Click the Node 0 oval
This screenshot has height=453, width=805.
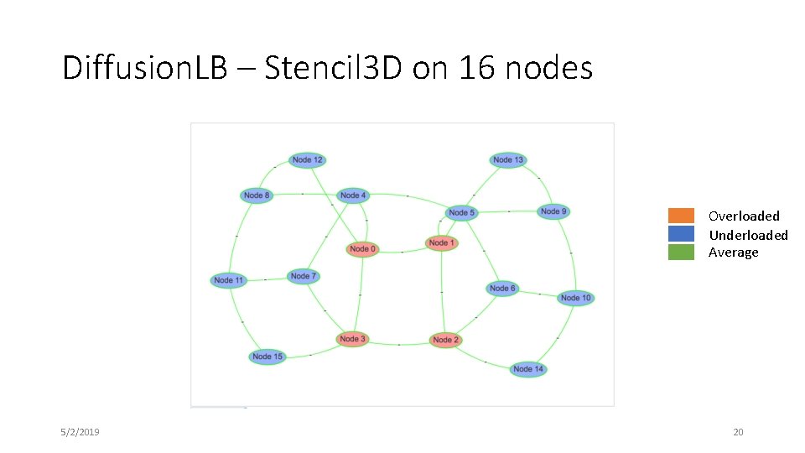coord(363,249)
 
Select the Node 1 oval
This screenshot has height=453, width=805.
coord(441,243)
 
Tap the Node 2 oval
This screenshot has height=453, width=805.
coord(445,340)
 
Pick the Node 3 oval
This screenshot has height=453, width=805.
coord(353,339)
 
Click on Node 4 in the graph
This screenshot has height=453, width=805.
coord(353,195)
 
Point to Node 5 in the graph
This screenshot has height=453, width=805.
coord(461,213)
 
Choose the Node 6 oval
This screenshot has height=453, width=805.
coord(502,289)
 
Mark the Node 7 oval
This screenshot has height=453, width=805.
coord(303,276)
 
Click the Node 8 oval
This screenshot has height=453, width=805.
coord(257,195)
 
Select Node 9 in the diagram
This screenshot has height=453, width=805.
coord(553,211)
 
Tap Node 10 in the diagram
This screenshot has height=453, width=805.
coord(576,298)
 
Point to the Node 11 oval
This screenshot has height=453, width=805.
coord(228,280)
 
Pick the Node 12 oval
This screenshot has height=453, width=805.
coord(308,159)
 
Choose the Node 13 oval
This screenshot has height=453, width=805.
coord(508,159)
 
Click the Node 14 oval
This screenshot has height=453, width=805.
coord(528,369)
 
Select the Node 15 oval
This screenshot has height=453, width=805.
coord(267,357)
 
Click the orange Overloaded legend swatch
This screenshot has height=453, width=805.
coord(681,216)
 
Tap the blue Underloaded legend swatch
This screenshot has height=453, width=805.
coord(681,234)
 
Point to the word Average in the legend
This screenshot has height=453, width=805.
coord(733,253)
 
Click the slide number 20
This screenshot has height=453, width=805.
coord(738,432)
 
